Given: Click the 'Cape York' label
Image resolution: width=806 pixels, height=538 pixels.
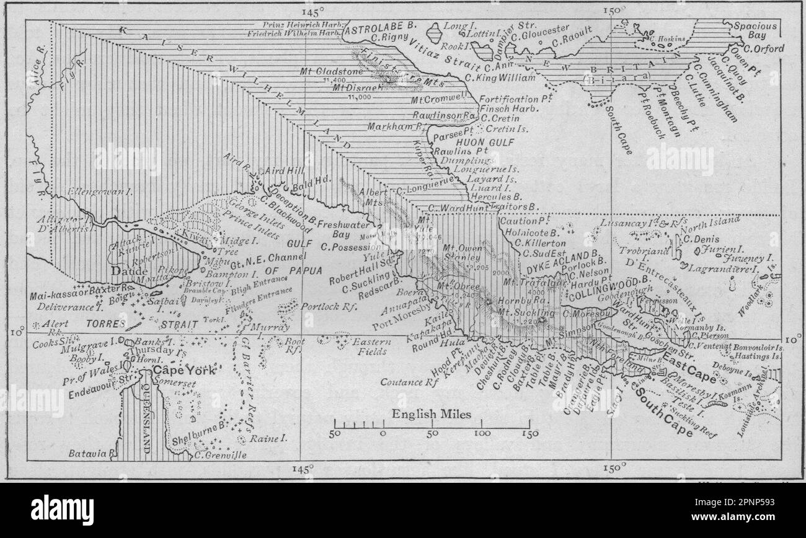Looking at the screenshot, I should [x=184, y=371].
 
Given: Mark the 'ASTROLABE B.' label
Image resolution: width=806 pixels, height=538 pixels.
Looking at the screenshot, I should [x=380, y=30].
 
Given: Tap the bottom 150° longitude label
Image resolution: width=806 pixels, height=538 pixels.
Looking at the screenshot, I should [x=613, y=470].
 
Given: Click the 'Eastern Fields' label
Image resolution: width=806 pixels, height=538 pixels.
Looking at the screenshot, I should [x=370, y=346].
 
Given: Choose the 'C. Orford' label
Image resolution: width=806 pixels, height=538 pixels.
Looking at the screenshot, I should [x=763, y=48].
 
